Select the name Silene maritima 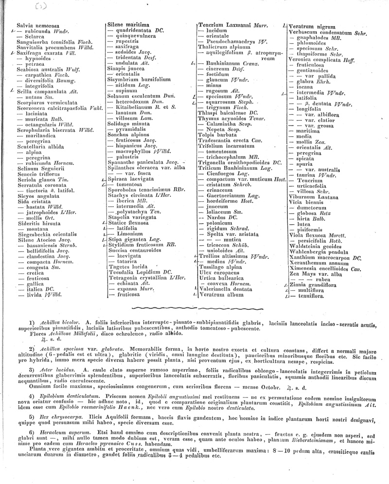click(125, 24)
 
